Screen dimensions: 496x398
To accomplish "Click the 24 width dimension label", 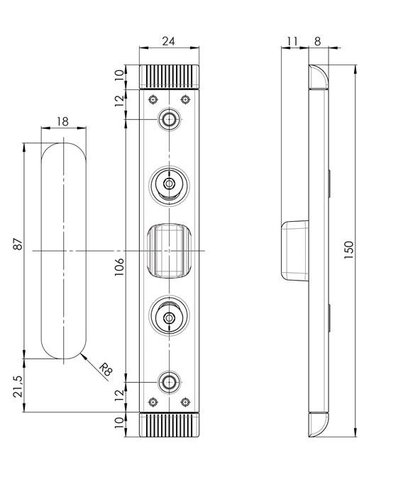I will tap(169, 41).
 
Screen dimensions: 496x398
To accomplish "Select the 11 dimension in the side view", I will tap(290, 41).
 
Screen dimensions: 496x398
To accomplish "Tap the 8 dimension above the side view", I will tap(317, 41).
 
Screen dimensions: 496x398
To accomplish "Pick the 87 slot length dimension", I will tap(18, 244).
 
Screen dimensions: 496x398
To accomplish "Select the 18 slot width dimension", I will tap(62, 121).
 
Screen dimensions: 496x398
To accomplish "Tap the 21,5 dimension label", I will tap(18, 385).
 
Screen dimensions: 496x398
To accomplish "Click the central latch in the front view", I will tap(169, 251).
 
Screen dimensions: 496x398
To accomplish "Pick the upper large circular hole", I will tap(169, 185).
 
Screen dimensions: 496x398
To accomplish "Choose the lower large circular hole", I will tap(169, 317).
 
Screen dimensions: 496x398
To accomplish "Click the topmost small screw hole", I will tap(169, 119).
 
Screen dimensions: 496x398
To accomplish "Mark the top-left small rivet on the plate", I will tap(152, 98).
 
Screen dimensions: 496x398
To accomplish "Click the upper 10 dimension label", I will tap(119, 75).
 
